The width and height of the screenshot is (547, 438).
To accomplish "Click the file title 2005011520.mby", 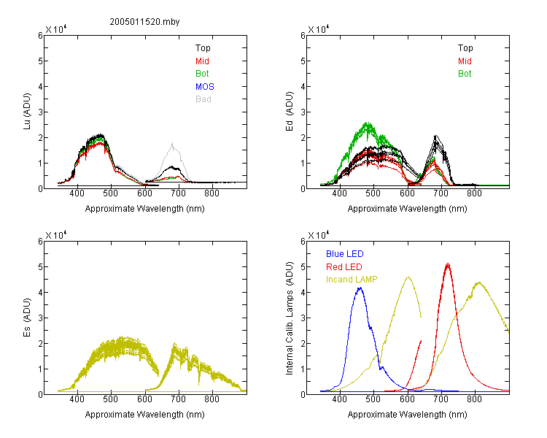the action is point(144,22).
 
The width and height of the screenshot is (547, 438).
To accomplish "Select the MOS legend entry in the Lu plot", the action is point(205,87).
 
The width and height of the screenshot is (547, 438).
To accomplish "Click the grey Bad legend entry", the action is point(203,99).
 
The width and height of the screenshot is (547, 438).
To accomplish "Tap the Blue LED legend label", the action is point(345,254).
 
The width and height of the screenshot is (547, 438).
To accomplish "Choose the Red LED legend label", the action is point(344,267).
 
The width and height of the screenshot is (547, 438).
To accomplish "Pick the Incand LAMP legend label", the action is point(352,280).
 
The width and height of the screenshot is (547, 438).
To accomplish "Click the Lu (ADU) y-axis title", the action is point(27,112).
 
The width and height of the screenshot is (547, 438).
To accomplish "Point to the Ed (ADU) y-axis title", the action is point(290,112).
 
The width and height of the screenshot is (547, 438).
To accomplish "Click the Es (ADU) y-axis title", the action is point(27,318).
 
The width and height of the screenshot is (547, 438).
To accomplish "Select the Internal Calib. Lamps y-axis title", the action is point(290,318).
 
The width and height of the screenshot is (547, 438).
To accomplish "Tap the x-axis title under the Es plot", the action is point(145,415).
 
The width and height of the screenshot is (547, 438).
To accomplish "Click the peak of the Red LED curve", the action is point(448,264).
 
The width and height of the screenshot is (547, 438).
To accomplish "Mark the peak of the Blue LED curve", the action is point(360,288).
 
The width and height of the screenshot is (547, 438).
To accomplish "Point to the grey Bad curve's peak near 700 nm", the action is point(172,143).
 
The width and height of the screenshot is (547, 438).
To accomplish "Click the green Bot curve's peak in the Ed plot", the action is point(367,123).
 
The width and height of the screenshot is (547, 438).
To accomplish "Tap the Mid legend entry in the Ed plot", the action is point(465,61).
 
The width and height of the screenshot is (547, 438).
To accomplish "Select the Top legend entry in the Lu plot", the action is point(203,48).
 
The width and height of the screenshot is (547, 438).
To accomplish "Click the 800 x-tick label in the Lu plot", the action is point(212,193).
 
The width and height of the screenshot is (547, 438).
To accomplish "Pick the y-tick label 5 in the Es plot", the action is point(40,267).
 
